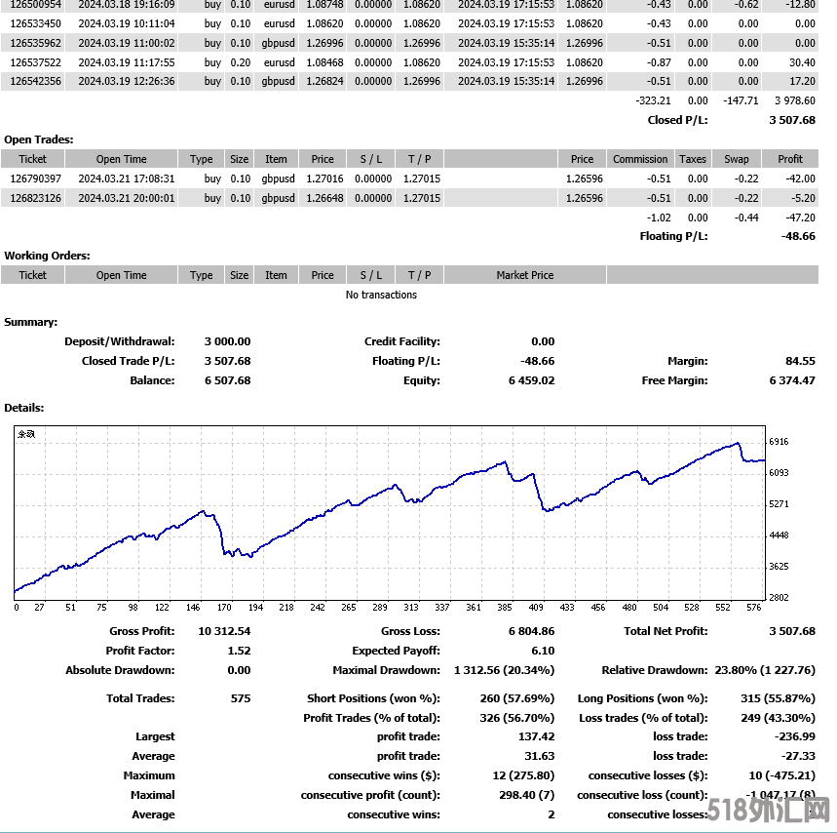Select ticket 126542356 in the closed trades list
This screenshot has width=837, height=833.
pyautogui.click(x=36, y=81)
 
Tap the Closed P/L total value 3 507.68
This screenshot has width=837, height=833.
pyautogui.click(x=792, y=120)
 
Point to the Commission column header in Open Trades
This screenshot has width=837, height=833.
pyautogui.click(x=640, y=159)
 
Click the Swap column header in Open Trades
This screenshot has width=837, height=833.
pyautogui.click(x=737, y=159)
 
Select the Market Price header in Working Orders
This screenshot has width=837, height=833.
pyautogui.click(x=524, y=275)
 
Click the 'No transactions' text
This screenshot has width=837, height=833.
pyautogui.click(x=381, y=295)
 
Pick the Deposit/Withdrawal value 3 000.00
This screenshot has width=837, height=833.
pyautogui.click(x=227, y=341)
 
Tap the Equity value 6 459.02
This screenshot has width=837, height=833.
pyautogui.click(x=531, y=380)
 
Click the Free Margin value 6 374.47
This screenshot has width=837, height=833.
pyautogui.click(x=791, y=380)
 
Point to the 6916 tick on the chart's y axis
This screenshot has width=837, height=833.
pyautogui.click(x=779, y=442)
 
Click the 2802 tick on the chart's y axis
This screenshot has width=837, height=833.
pyautogui.click(x=779, y=597)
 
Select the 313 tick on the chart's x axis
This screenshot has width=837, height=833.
pyautogui.click(x=410, y=608)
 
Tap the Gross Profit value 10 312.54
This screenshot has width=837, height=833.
pyautogui.click(x=224, y=631)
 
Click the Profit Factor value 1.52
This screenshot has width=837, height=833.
pyautogui.click(x=239, y=651)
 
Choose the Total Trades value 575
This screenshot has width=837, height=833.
pyautogui.click(x=240, y=698)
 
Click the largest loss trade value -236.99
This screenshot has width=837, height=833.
pyautogui.click(x=795, y=736)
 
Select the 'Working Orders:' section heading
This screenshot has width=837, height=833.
pyautogui.click(x=47, y=256)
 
